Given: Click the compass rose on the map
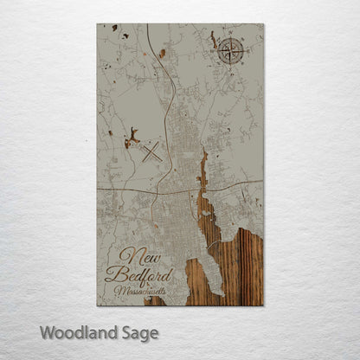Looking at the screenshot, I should click(230, 49).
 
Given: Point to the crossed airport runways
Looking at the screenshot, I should click(151, 153).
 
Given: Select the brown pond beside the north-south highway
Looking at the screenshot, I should click(162, 54).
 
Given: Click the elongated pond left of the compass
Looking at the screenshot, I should click(213, 40).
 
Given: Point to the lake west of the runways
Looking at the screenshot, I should click(132, 136).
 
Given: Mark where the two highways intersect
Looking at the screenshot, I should click(159, 190).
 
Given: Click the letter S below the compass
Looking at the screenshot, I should click(230, 63).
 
